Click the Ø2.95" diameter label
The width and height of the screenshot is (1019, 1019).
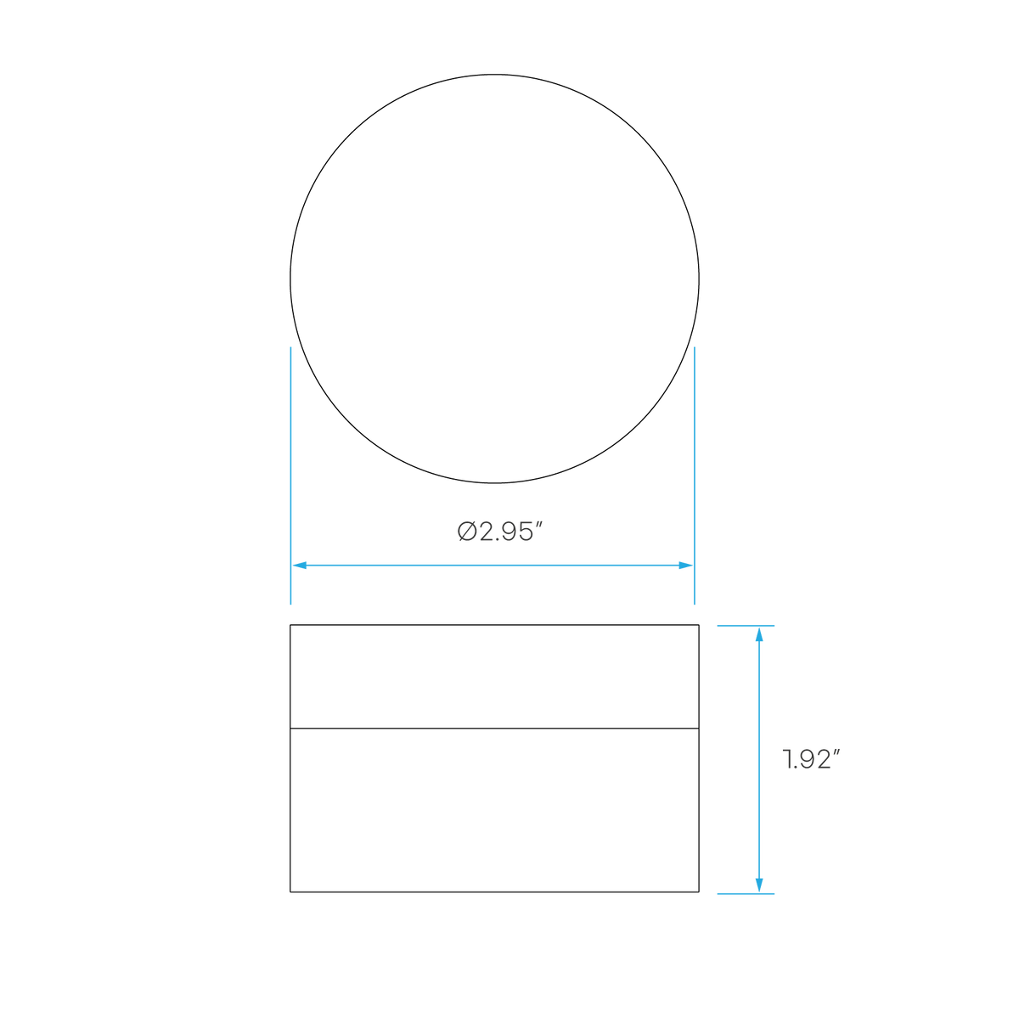(x=499, y=532)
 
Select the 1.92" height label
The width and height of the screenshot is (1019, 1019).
(x=811, y=760)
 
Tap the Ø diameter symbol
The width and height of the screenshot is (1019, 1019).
(x=467, y=532)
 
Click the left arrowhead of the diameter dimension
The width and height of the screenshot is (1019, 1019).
(x=300, y=566)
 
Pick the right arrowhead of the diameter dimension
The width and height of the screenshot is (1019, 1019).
(x=685, y=566)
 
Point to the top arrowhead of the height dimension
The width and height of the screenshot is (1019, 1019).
(x=759, y=634)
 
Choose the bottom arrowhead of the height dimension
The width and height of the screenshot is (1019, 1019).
(x=759, y=885)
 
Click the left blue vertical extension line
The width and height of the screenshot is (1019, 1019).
(x=291, y=476)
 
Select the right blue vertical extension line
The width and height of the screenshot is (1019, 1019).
(x=695, y=476)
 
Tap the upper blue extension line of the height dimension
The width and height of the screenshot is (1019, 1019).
(x=746, y=626)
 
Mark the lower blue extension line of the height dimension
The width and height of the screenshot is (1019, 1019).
(x=746, y=894)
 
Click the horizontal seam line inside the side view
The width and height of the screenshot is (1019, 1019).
(x=494, y=728)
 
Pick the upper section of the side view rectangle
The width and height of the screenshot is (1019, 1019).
(x=494, y=676)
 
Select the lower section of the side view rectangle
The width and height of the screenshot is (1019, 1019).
(x=494, y=810)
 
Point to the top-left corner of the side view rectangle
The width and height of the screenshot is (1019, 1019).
(x=290, y=625)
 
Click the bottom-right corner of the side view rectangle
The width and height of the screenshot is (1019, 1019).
(x=699, y=892)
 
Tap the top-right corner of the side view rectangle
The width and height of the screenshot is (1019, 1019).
(x=699, y=625)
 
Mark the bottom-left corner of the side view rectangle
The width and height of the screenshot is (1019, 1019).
(x=290, y=892)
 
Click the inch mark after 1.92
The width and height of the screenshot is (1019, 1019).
(x=836, y=753)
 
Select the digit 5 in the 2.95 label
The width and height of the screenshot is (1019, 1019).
(x=524, y=532)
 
